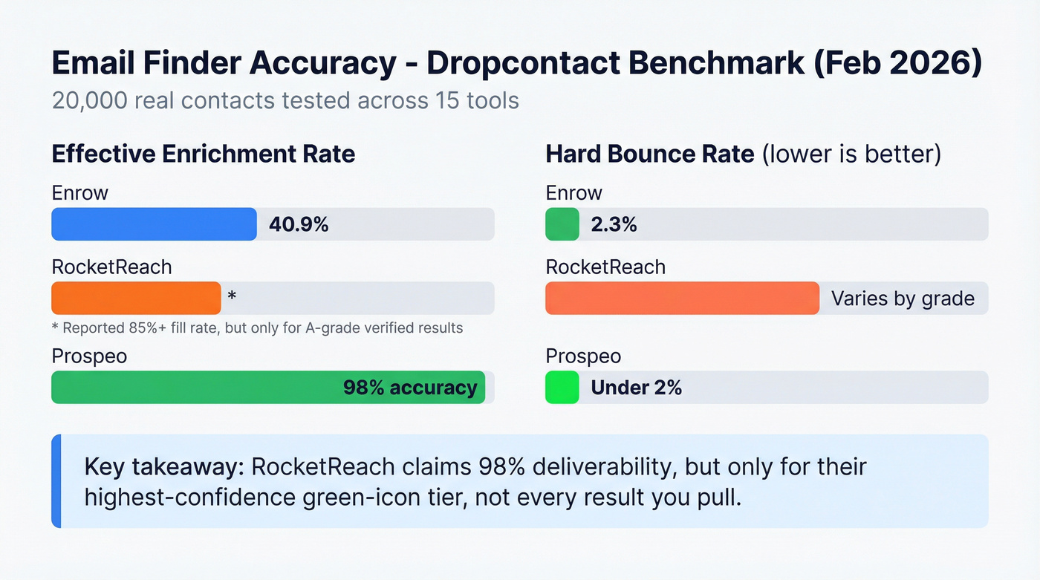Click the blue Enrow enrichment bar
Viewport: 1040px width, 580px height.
pyautogui.click(x=154, y=224)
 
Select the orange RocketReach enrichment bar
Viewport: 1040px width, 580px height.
pyautogui.click(x=136, y=299)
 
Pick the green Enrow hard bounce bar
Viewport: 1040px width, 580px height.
pyautogui.click(x=562, y=224)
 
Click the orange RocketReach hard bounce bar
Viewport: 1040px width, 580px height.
pyautogui.click(x=682, y=299)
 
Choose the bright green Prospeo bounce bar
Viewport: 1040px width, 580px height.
pyautogui.click(x=562, y=387)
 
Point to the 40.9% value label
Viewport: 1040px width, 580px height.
pyautogui.click(x=299, y=224)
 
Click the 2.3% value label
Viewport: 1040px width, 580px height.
pyautogui.click(x=614, y=224)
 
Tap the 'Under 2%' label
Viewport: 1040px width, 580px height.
pyautogui.click(x=636, y=387)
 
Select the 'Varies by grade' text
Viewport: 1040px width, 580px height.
pyautogui.click(x=903, y=299)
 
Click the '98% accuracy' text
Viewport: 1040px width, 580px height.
pyautogui.click(x=410, y=387)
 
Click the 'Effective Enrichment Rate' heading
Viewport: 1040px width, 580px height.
pyautogui.click(x=203, y=154)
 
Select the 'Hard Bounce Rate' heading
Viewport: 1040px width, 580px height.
pyautogui.click(x=649, y=154)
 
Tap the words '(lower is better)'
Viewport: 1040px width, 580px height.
pyautogui.click(x=851, y=154)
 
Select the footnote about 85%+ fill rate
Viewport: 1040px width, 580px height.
pyautogui.click(x=257, y=328)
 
